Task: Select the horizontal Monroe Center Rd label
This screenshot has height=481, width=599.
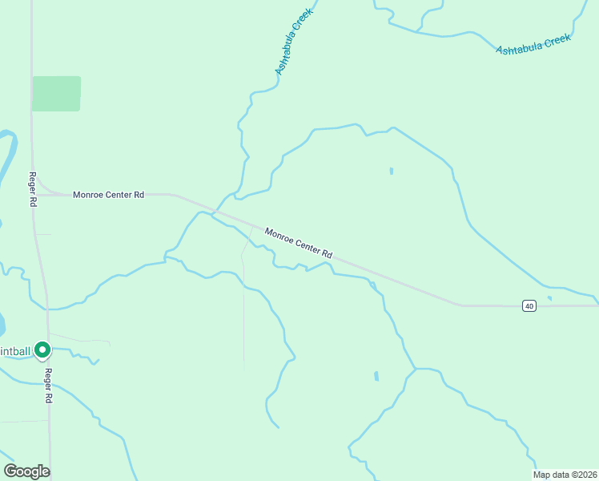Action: click(108, 194)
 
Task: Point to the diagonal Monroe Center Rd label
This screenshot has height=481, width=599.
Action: click(298, 244)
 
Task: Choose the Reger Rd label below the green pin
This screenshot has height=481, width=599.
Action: click(48, 386)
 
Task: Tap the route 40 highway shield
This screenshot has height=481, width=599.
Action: click(529, 305)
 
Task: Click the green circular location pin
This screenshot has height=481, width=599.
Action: click(42, 350)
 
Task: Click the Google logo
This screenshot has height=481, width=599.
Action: click(26, 471)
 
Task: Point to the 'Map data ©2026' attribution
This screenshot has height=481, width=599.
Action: click(565, 475)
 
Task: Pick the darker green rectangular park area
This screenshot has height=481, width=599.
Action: click(56, 94)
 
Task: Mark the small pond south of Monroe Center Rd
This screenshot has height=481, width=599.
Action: click(376, 376)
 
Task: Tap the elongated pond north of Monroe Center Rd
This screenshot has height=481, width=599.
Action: click(391, 171)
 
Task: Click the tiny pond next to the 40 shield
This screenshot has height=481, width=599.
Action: click(549, 299)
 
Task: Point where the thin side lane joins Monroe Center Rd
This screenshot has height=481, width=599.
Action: click(252, 227)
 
